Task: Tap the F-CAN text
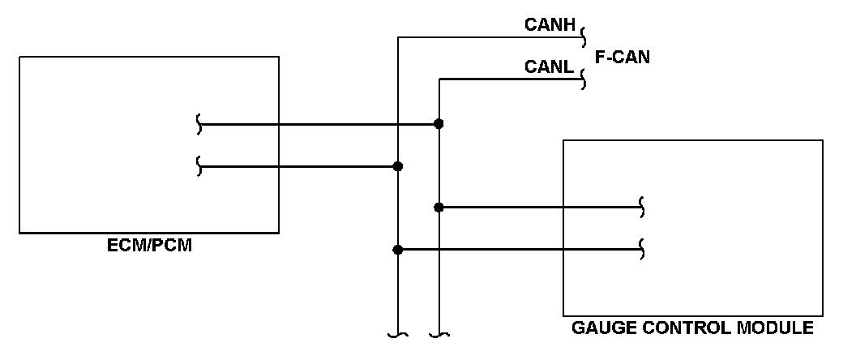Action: point(623,58)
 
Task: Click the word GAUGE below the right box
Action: point(599,329)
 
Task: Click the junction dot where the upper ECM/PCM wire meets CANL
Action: point(439,124)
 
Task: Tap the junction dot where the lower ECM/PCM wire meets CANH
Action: point(397,166)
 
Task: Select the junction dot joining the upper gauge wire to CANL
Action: point(439,207)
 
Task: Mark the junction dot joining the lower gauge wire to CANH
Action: point(397,250)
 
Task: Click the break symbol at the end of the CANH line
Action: point(584,36)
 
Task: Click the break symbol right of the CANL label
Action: point(584,79)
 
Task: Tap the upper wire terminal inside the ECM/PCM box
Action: point(199,124)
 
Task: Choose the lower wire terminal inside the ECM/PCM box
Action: point(199,166)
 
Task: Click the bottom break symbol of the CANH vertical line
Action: point(397,334)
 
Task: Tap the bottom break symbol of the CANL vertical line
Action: point(439,334)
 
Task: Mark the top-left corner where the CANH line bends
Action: point(397,36)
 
